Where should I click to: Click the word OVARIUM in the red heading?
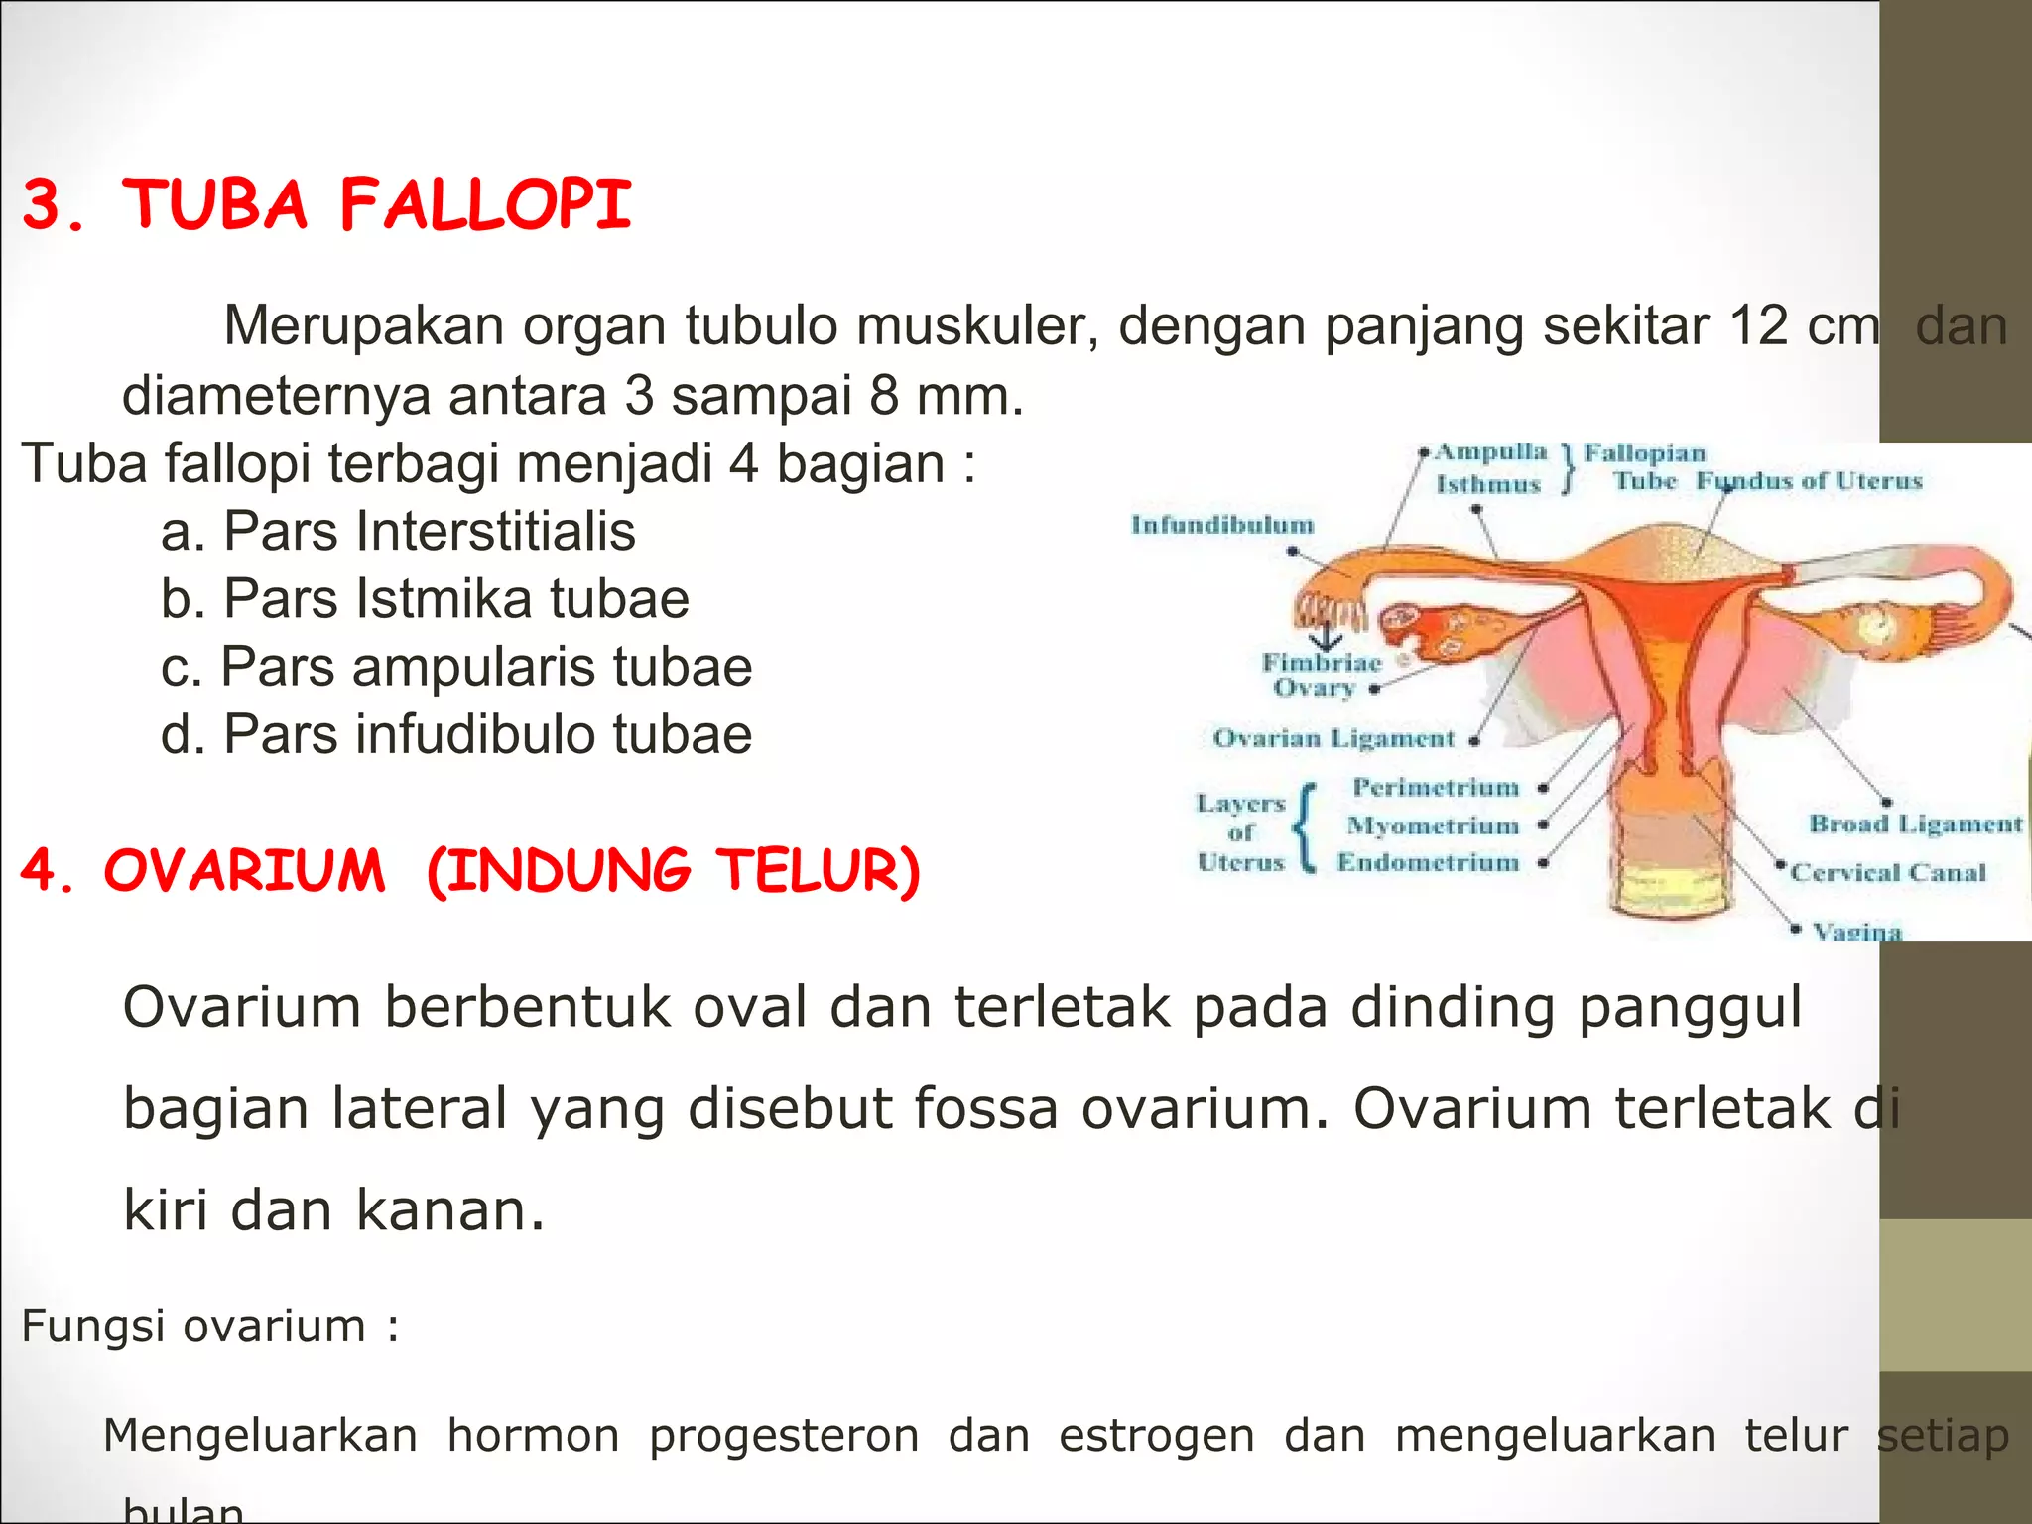click(244, 871)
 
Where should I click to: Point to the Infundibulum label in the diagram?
click(1221, 525)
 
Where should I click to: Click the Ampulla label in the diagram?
click(1490, 452)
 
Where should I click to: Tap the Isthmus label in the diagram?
click(1487, 485)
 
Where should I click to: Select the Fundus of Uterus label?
click(1808, 481)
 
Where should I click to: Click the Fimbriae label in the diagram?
click(1321, 662)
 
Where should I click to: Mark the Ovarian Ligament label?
click(1333, 739)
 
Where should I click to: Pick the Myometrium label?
click(1433, 825)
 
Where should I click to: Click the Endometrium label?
click(1428, 862)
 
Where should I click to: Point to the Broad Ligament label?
click(1915, 824)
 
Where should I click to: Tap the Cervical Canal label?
click(1887, 873)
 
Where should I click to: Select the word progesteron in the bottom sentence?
click(784, 1436)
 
